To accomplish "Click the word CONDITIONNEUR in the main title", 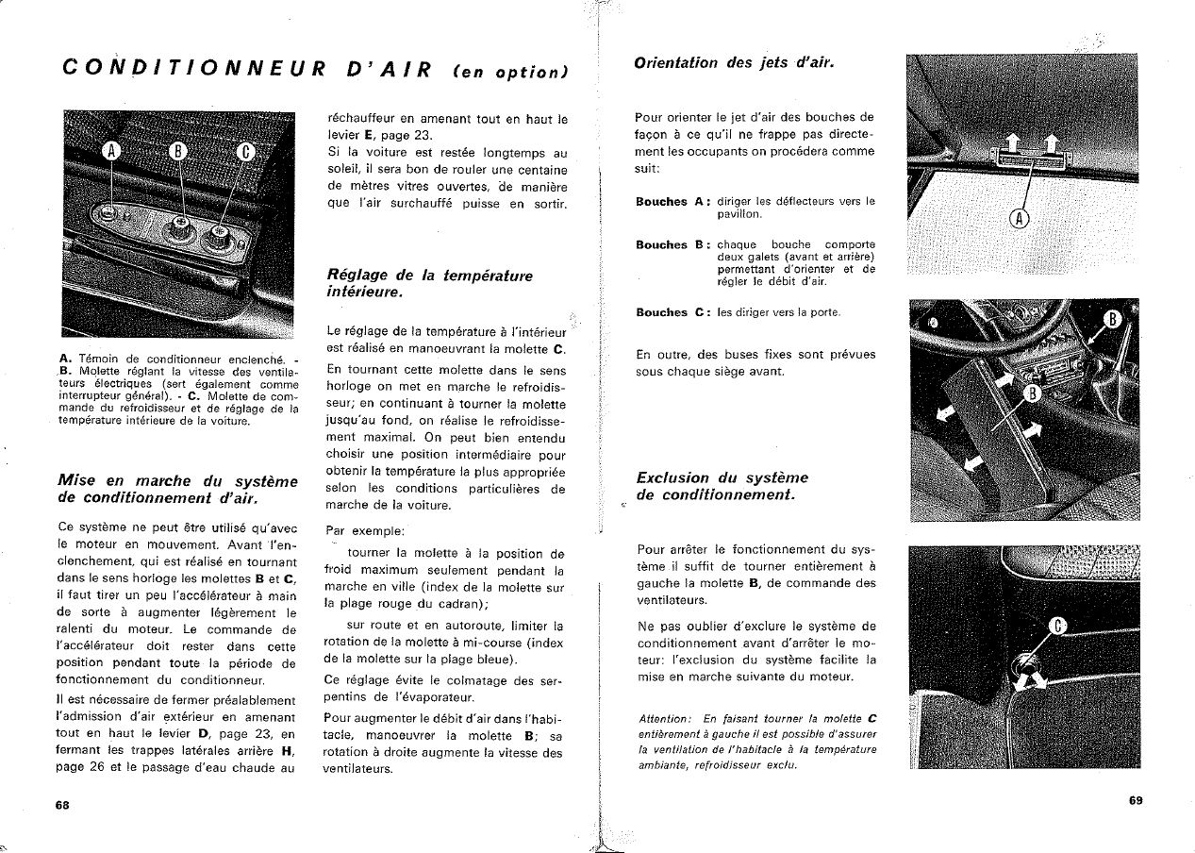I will click(188, 69).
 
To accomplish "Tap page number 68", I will click(62, 805).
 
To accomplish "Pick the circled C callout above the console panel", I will click(243, 153).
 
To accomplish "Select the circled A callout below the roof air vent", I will click(1020, 220).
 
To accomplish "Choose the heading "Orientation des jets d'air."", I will click(735, 63).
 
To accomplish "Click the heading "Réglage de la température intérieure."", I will click(429, 284).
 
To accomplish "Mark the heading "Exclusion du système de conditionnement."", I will click(722, 486).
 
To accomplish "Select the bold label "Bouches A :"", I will click(672, 201).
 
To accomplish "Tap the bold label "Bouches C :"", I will click(672, 312).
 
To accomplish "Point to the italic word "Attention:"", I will click(665, 718).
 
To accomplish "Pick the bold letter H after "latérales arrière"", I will click(284, 750).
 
